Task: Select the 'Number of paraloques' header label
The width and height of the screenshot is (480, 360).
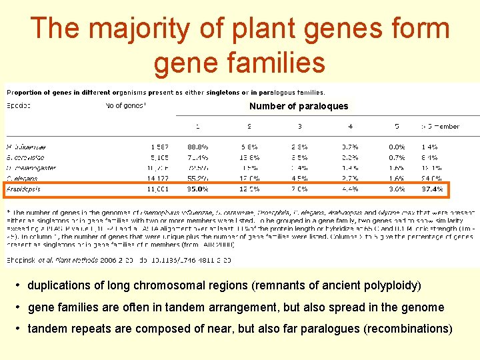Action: coord(299,106)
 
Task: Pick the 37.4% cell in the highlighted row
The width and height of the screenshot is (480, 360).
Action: coord(432,189)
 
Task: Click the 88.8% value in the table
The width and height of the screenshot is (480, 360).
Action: coord(197,146)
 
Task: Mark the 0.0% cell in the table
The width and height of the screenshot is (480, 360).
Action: coord(397,146)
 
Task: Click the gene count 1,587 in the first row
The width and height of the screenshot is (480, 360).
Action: coord(159,146)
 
